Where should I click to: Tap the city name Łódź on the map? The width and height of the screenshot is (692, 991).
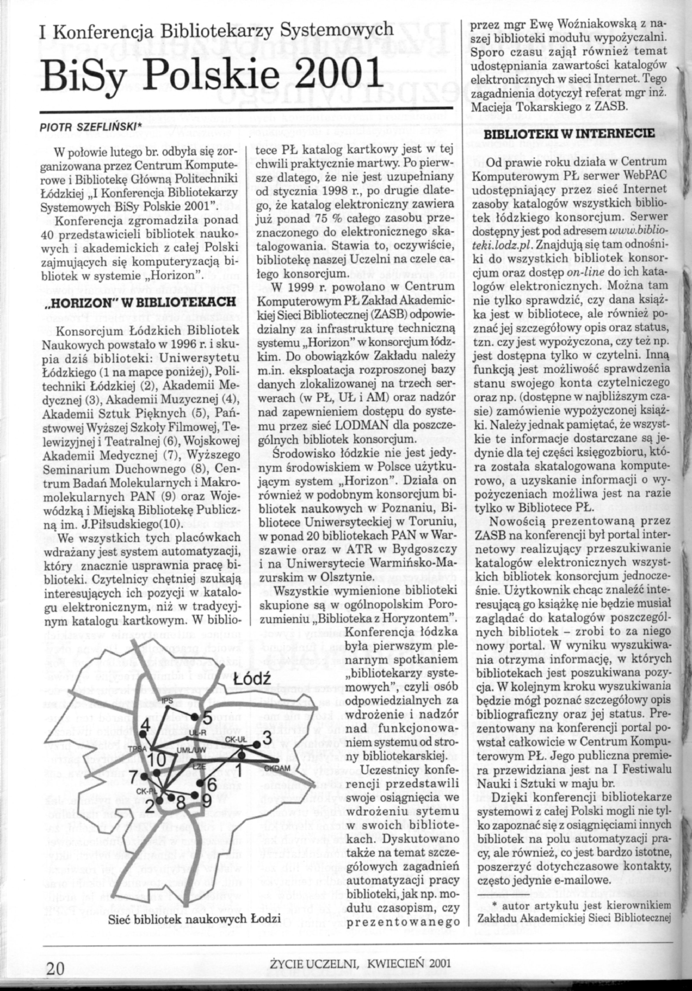[252, 679]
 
